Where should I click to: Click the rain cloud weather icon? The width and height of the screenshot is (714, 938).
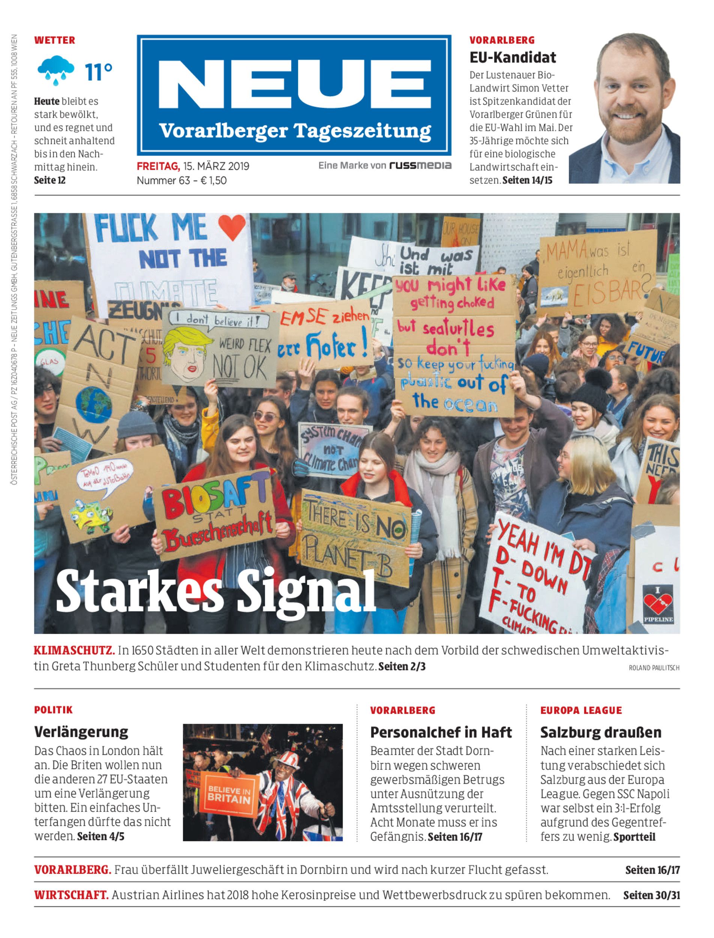pyautogui.click(x=55, y=69)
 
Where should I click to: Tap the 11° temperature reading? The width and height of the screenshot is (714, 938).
pyautogui.click(x=99, y=72)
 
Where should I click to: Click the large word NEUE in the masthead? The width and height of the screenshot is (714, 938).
pyautogui.click(x=294, y=85)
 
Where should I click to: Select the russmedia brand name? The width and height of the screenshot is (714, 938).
pyautogui.click(x=420, y=165)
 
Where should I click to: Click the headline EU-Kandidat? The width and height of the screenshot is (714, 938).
pyautogui.click(x=513, y=57)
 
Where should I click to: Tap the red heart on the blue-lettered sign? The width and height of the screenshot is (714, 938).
pyautogui.click(x=232, y=226)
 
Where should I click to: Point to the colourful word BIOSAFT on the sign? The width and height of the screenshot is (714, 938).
pyautogui.click(x=216, y=498)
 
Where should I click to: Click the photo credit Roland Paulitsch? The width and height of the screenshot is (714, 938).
pyautogui.click(x=654, y=667)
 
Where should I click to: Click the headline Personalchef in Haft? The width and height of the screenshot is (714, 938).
pyautogui.click(x=441, y=732)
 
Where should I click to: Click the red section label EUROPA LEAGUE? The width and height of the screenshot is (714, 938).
pyautogui.click(x=580, y=710)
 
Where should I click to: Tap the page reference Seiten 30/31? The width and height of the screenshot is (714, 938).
pyautogui.click(x=651, y=895)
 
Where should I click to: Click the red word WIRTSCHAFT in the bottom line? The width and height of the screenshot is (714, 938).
pyautogui.click(x=71, y=895)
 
